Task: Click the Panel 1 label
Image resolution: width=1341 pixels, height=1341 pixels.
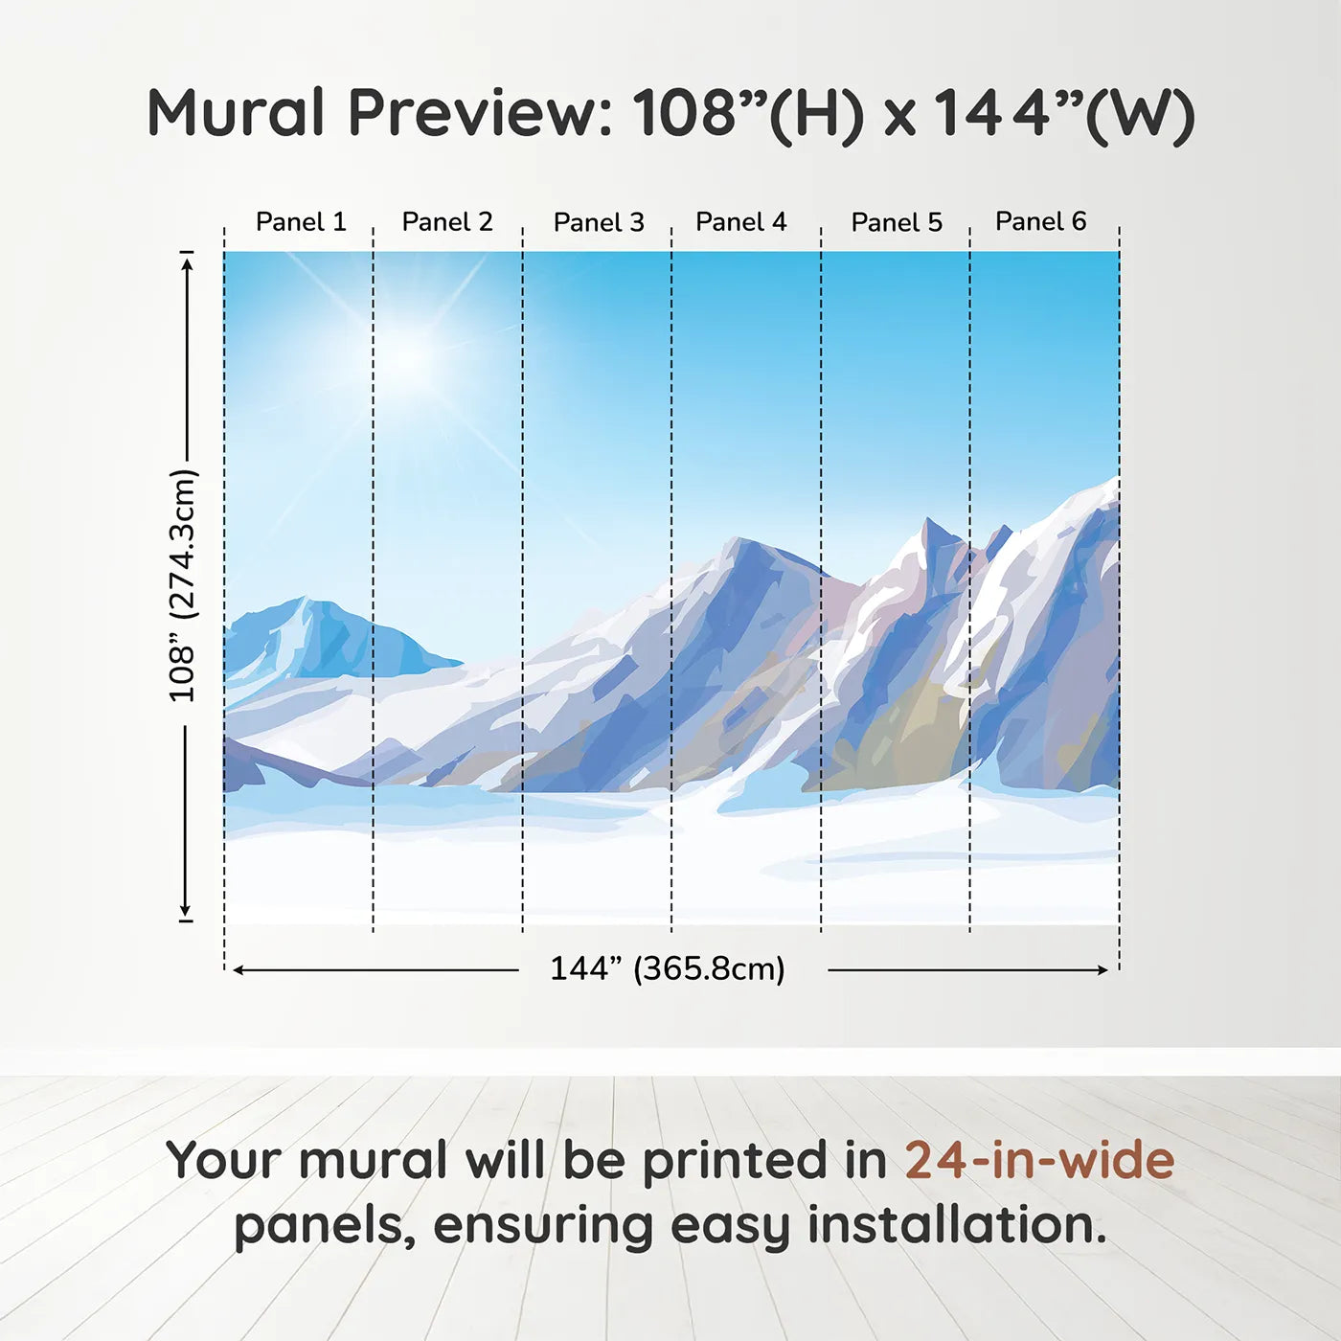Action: [x=301, y=222]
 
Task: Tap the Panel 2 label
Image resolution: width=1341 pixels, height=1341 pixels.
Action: [x=447, y=222]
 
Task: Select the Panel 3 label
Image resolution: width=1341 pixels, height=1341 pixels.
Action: [x=600, y=222]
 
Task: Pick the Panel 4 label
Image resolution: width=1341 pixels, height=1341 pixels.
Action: [x=741, y=222]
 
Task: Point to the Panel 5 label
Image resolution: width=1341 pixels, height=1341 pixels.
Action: [x=897, y=222]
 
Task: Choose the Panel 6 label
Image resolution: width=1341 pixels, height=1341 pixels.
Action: [x=1041, y=221]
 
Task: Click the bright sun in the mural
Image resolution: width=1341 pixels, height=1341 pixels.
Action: [x=411, y=356]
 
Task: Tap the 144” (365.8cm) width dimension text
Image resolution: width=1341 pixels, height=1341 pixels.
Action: [x=668, y=968]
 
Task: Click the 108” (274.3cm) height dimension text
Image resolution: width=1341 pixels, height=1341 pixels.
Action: [x=183, y=585]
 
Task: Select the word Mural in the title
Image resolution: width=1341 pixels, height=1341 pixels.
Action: [x=237, y=112]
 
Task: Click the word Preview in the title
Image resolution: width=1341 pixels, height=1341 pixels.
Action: [x=481, y=114]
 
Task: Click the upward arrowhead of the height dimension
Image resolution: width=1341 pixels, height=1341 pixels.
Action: [x=187, y=264]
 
